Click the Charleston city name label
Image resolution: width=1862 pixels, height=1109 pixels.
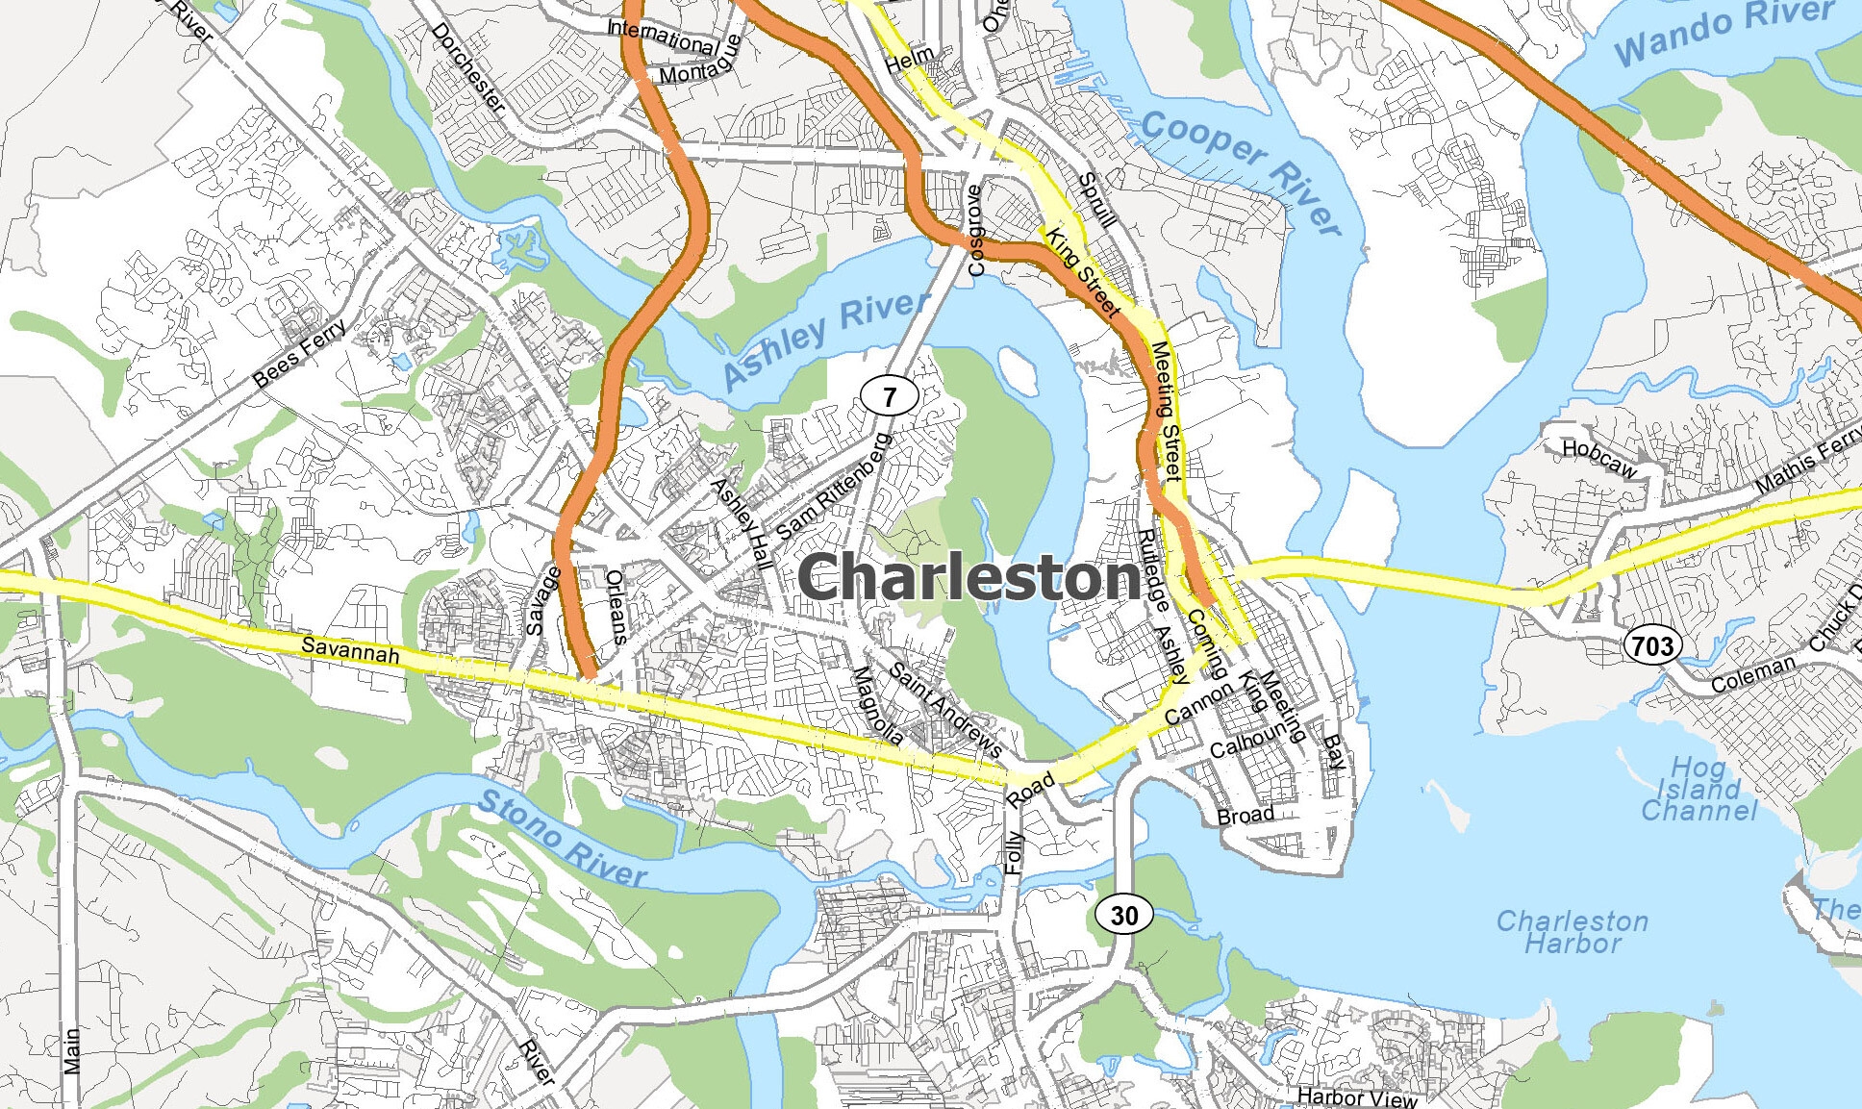(969, 579)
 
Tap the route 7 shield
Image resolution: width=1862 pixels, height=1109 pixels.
(889, 395)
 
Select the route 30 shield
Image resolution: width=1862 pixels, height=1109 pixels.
(1123, 915)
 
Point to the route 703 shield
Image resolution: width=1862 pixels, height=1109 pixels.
(1651, 645)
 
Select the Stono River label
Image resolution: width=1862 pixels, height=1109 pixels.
(562, 838)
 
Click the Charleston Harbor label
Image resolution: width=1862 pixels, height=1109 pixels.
(1572, 932)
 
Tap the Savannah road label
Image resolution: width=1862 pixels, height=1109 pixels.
(350, 649)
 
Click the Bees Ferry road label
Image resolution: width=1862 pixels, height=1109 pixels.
(300, 352)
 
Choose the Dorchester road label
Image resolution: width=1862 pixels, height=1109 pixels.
(468, 67)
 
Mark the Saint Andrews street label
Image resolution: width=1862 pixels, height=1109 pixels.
(944, 710)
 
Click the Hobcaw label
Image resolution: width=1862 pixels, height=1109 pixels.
(1598, 459)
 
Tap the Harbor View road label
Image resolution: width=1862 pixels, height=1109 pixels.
(1356, 1096)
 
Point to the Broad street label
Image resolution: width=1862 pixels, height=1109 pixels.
(1245, 816)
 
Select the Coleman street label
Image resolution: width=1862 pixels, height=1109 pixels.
(1752, 674)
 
